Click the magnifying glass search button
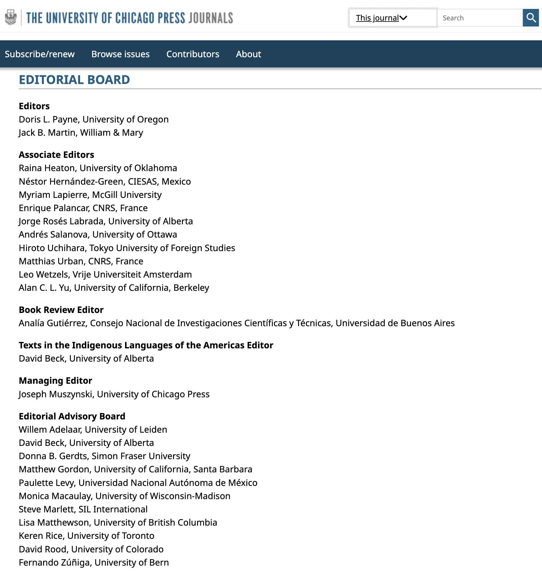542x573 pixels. point(531,18)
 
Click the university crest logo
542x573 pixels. point(11,17)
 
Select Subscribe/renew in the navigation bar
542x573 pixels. point(40,54)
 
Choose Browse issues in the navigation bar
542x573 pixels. point(120,54)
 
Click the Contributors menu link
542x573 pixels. point(193,54)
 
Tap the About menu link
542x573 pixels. point(249,54)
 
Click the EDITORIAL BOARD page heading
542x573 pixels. point(74,80)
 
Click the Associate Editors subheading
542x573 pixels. point(56,155)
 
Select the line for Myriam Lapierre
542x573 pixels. point(90,195)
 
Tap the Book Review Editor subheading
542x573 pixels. point(61,310)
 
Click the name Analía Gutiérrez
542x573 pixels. point(53,323)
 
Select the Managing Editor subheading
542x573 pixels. point(55,381)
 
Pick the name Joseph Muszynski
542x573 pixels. point(56,394)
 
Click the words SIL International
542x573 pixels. point(113,509)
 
